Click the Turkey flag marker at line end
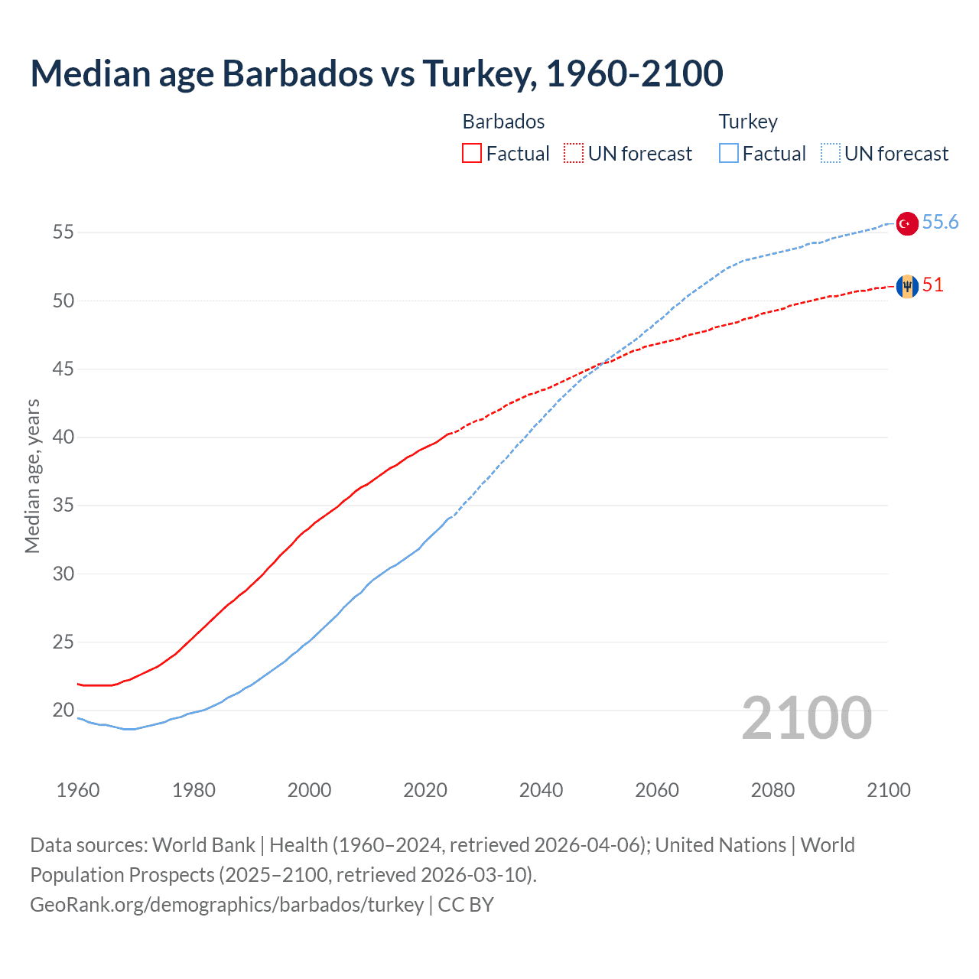click(906, 223)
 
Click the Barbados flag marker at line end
click(906, 286)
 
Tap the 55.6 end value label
click(940, 223)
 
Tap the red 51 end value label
click(932, 285)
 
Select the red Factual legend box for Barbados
click(472, 154)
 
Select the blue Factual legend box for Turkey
click(729, 154)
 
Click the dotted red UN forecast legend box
click(574, 154)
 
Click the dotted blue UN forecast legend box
click(831, 154)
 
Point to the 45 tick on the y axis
click(63, 369)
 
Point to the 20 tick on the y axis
click(63, 711)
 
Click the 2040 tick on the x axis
click(541, 790)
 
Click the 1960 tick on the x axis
click(78, 790)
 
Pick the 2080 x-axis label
click(772, 790)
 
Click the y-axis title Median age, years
click(32, 476)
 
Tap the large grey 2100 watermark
click(806, 718)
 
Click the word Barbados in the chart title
click(298, 74)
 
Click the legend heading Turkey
click(748, 122)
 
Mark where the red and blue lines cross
click(601, 365)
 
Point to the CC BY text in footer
click(466, 905)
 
